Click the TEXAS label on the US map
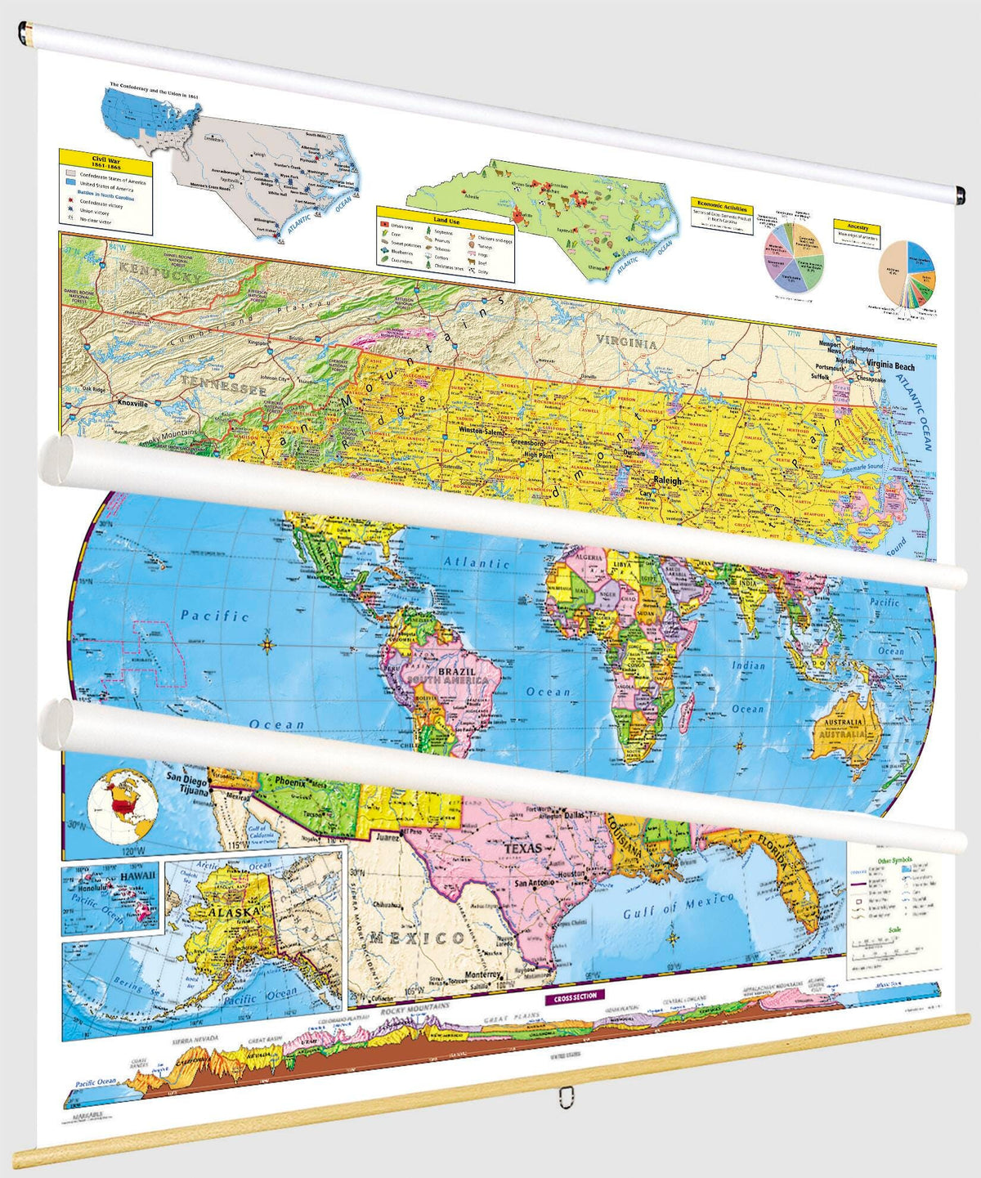click(523, 849)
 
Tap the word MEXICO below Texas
click(416, 938)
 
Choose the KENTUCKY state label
click(159, 271)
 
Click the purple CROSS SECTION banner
click(576, 997)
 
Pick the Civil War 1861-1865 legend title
click(106, 163)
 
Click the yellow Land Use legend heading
click(446, 220)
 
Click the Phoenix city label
click(291, 782)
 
